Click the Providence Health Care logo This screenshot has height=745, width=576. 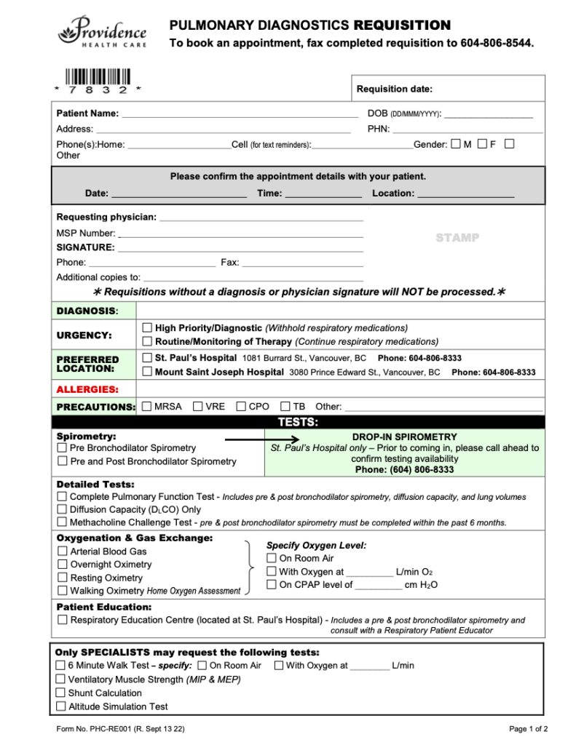(x=103, y=32)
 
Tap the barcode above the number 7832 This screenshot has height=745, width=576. (x=98, y=76)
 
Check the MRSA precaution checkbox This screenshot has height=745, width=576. (x=147, y=407)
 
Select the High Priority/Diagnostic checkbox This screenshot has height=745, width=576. (x=148, y=328)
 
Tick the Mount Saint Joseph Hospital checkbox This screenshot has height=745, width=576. (x=148, y=372)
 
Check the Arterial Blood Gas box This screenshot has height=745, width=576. (x=63, y=551)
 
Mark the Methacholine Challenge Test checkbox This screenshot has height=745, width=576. (x=63, y=522)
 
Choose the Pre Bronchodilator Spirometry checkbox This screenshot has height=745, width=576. (x=63, y=448)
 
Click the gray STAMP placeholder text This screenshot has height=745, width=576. (x=457, y=238)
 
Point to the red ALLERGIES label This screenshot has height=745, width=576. (x=87, y=389)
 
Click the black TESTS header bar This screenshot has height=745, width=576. (x=298, y=422)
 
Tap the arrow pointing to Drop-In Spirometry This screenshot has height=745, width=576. (x=262, y=439)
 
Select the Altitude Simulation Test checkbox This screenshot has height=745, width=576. (x=61, y=706)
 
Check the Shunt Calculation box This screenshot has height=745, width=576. (x=61, y=693)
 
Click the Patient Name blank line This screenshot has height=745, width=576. (x=240, y=114)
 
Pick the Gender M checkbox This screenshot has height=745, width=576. (x=456, y=144)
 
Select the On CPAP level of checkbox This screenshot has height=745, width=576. (x=272, y=584)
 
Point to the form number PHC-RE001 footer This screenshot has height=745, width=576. (x=120, y=729)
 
